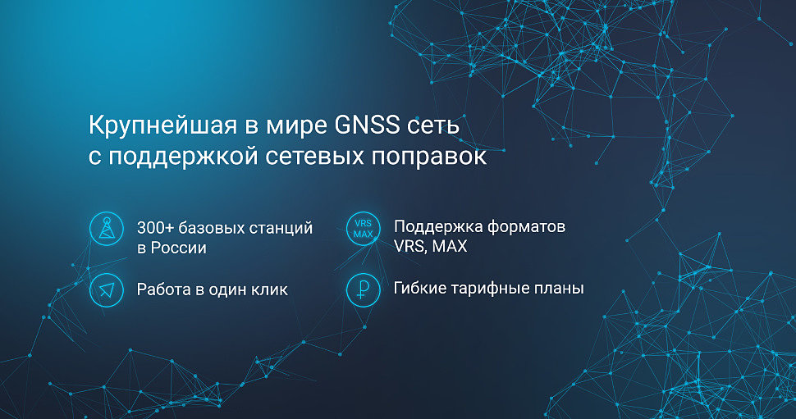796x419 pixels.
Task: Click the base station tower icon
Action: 107,229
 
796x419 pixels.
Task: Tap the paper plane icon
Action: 107,289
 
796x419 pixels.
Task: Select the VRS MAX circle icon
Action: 363,229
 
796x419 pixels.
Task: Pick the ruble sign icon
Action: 363,289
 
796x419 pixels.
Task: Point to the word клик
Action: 269,289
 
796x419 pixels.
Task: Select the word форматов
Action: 526,227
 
